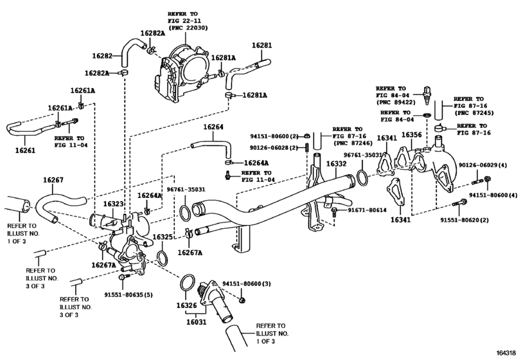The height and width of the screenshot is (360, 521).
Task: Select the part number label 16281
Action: click(261, 46)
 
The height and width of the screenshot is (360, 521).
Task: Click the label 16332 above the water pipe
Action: click(336, 165)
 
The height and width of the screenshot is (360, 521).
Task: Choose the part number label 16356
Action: click(411, 135)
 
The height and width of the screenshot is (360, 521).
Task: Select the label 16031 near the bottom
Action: click(197, 322)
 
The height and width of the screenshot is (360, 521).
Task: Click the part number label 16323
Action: click(115, 204)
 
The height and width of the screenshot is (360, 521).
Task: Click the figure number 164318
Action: click(506, 354)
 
